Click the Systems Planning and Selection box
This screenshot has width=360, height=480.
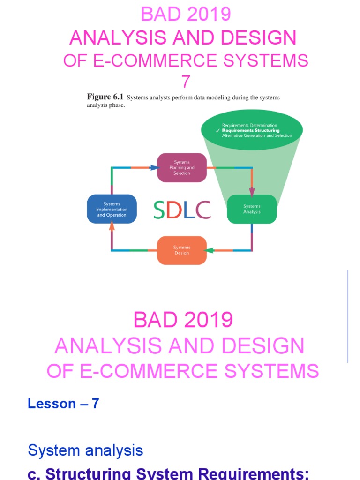181,167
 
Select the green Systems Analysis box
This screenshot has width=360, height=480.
252,209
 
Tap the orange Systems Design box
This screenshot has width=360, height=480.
181,250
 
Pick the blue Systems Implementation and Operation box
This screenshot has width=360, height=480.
112,209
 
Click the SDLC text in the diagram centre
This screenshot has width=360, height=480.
182,210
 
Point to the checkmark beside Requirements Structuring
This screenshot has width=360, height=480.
218,131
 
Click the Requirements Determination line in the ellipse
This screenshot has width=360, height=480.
249,126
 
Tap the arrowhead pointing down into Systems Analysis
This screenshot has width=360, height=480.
252,192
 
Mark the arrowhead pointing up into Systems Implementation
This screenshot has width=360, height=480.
112,226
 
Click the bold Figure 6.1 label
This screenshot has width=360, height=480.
99,97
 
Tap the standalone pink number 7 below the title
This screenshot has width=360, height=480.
186,82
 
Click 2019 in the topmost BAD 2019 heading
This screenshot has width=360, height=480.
209,15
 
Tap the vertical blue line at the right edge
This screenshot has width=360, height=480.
348,316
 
